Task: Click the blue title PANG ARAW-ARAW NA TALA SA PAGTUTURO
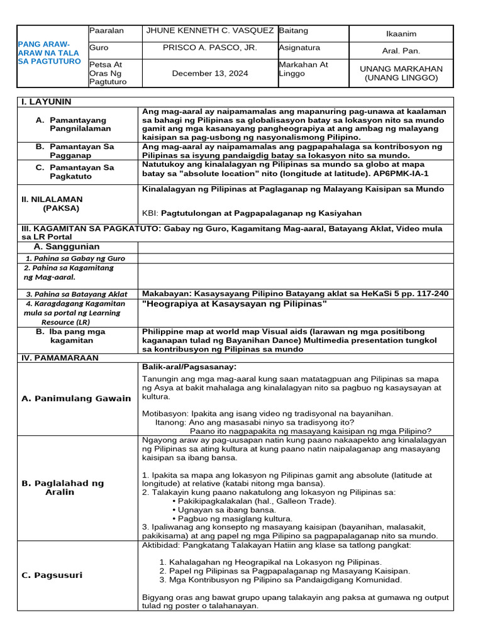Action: [49, 53]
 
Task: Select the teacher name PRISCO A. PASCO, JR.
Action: [209, 48]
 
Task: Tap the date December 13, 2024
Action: [209, 74]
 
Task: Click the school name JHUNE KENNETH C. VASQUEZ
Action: [209, 31]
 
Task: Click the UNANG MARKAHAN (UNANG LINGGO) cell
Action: [401, 74]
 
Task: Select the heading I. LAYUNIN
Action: [47, 102]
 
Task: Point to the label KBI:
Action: [151, 214]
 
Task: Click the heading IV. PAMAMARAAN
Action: [60, 357]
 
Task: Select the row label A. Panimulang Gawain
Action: [76, 398]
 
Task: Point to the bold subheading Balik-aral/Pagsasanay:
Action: [189, 367]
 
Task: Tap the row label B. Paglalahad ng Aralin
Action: [63, 487]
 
